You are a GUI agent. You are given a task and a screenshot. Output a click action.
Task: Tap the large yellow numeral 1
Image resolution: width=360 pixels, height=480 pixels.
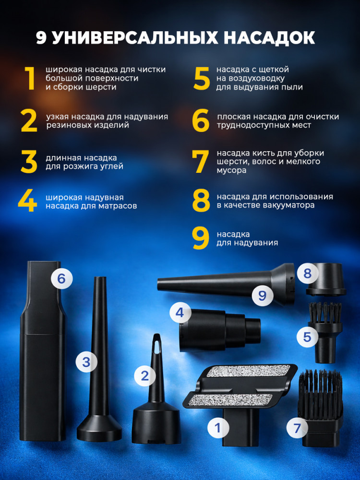point(30,78)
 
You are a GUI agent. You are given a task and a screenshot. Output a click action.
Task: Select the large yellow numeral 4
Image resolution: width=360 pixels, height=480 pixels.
point(27,201)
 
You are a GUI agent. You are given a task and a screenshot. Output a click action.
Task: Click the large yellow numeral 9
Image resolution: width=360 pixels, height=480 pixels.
point(201,238)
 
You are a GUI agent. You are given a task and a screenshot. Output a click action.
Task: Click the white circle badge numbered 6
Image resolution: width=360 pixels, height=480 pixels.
point(61,278)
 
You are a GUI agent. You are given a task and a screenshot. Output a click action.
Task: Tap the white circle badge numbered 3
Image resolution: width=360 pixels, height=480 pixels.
point(86,362)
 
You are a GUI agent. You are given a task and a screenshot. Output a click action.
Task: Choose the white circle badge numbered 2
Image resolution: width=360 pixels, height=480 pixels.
point(145,376)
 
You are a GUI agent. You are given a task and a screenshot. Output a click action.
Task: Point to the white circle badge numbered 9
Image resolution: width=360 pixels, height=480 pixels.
point(263,296)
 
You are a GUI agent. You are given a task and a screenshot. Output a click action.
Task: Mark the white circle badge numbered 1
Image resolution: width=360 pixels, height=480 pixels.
point(218,428)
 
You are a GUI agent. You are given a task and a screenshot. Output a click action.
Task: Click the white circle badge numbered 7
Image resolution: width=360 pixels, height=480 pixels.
point(297,428)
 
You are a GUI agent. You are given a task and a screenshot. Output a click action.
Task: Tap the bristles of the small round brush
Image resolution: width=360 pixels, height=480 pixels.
point(325,313)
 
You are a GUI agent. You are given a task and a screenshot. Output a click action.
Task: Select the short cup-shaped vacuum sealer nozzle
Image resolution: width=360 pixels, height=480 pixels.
point(326,279)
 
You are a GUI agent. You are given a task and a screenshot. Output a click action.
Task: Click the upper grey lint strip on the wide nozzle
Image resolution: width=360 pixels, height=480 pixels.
point(249,371)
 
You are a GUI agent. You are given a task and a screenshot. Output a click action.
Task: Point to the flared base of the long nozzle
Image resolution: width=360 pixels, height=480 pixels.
point(99,428)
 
